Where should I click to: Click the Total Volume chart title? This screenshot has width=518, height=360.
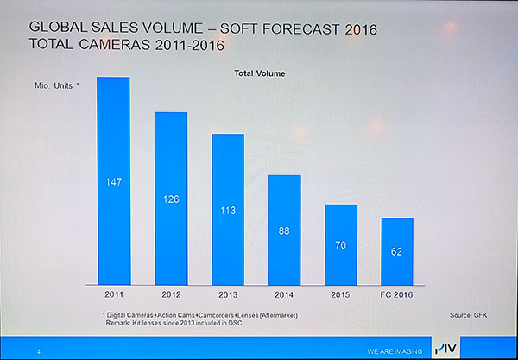(259, 73)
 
